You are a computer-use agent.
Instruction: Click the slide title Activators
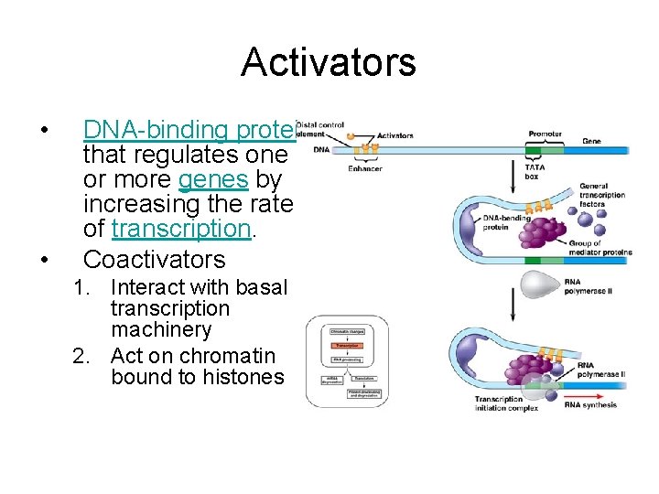click(329, 62)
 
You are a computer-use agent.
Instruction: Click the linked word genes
click(213, 179)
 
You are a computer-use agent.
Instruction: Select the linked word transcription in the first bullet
click(179, 229)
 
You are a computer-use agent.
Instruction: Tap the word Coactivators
click(154, 259)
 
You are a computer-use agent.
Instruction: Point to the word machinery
click(161, 329)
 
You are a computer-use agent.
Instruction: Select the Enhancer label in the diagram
click(364, 167)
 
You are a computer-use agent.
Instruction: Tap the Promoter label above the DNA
click(546, 134)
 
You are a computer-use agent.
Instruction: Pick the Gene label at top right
click(591, 142)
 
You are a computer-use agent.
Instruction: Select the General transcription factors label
click(601, 195)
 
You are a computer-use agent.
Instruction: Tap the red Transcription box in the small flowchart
click(347, 346)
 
